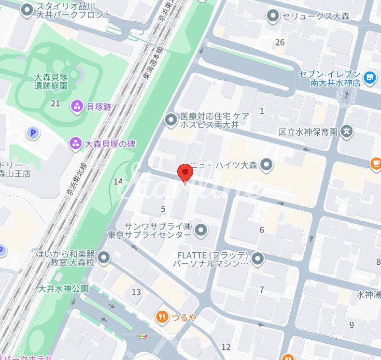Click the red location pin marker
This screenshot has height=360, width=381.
pyautogui.click(x=185, y=173)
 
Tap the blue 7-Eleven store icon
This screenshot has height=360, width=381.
pyautogui.click(x=370, y=77)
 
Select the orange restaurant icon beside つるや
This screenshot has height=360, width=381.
pyautogui.click(x=162, y=317)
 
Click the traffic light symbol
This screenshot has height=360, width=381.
pyautogui.click(x=143, y=336)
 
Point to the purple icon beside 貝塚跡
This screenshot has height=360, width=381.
pyautogui.click(x=77, y=106)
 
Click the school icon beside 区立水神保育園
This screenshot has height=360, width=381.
pyautogui.click(x=346, y=131)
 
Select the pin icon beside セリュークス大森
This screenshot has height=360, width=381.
pyautogui.click(x=273, y=16)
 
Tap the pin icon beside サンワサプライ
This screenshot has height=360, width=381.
pyautogui.click(x=201, y=230)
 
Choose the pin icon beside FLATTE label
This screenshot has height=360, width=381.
pyautogui.click(x=258, y=259)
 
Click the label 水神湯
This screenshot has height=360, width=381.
pyautogui.click(x=368, y=294)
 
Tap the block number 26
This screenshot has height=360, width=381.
pyautogui.click(x=280, y=43)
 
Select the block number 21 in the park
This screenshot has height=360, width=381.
pyautogui.click(x=55, y=103)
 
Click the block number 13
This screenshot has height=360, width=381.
pyautogui.click(x=136, y=292)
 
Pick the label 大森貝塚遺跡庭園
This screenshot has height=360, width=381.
pyautogui.click(x=51, y=81)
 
